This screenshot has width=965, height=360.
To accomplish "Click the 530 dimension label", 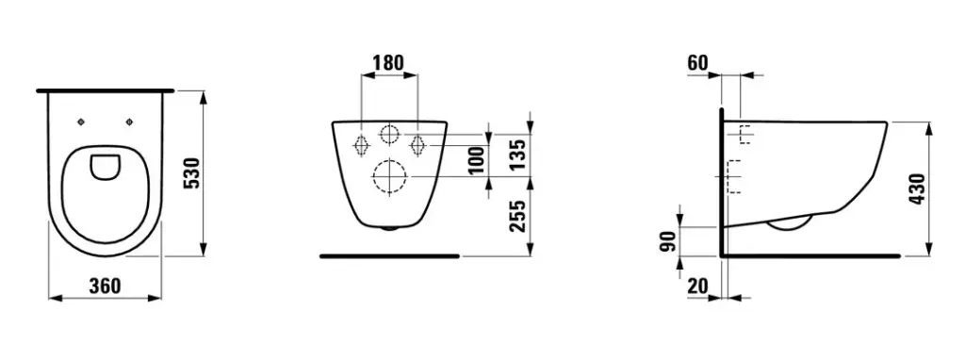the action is tap(192, 172).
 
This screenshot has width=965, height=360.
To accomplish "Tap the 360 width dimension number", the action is tap(105, 286).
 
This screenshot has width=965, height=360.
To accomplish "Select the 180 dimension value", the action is tap(388, 63).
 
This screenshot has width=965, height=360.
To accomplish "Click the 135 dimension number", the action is tap(518, 154).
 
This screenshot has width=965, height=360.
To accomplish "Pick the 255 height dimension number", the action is tap(518, 216).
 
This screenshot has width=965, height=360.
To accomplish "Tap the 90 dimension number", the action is tap(669, 240).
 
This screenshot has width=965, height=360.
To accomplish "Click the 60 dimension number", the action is tap(698, 63).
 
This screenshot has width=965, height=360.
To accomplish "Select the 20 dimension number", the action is tap(698, 286).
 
